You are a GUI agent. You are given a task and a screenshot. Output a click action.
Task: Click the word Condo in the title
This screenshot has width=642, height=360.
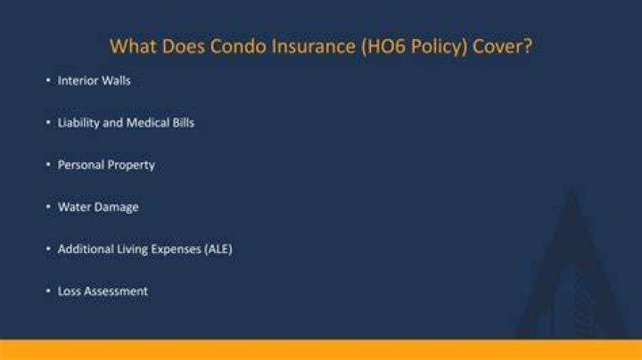pos(238,46)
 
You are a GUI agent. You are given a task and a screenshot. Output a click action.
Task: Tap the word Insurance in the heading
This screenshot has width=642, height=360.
pos(314,46)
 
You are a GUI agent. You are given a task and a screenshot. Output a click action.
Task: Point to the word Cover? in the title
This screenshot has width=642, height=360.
pos(502,46)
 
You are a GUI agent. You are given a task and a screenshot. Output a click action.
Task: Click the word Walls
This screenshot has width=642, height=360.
pos(116,80)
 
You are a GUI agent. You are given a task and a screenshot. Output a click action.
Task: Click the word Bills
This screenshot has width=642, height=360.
pos(184,123)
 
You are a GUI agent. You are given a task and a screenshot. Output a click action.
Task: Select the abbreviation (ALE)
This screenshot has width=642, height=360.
pos(218,250)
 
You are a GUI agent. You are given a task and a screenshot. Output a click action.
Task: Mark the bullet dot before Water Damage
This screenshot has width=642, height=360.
pos(48,207)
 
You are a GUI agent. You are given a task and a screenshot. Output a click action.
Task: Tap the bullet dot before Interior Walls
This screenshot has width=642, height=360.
pos(48,80)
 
